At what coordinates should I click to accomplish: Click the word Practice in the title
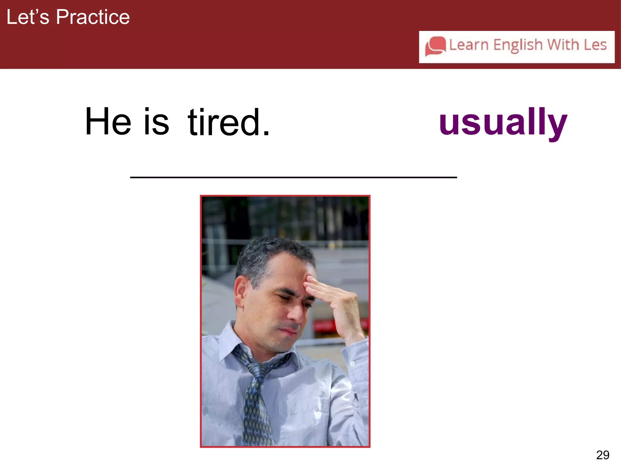[93, 17]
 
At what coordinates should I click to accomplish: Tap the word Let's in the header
[28, 17]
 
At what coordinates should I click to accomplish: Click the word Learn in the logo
[468, 45]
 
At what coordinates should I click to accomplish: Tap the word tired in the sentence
[224, 122]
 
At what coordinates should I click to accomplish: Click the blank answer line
[293, 177]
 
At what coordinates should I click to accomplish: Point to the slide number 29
[602, 455]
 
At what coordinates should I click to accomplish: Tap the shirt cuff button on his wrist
[352, 364]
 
